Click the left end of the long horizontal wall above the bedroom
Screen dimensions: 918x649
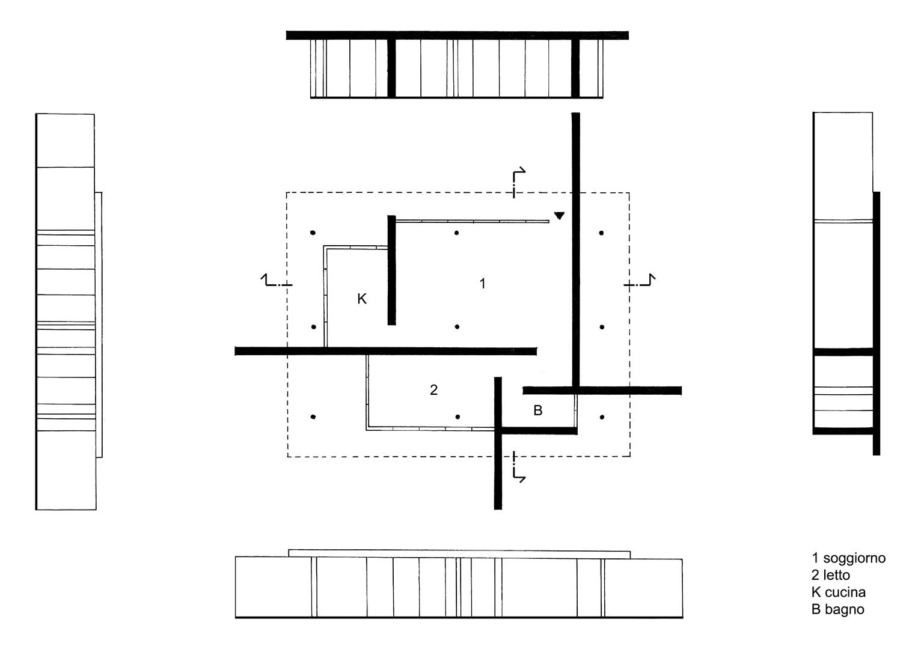pyautogui.click(x=235, y=351)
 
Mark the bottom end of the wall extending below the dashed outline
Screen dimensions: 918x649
pyautogui.click(x=498, y=509)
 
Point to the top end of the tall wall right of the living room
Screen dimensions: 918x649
pyautogui.click(x=576, y=113)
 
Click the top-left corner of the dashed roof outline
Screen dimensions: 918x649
pyautogui.click(x=287, y=192)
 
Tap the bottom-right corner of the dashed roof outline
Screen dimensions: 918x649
pyautogui.click(x=630, y=456)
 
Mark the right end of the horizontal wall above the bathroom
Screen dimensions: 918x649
pyautogui.click(x=681, y=391)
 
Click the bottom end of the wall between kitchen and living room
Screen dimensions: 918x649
pyautogui.click(x=392, y=324)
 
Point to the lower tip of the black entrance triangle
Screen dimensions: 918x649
pyautogui.click(x=560, y=219)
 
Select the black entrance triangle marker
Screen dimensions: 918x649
pyautogui.click(x=560, y=216)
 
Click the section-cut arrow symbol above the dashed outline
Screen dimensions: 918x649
pyautogui.click(x=518, y=182)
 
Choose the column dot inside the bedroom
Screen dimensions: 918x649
pyautogui.click(x=457, y=416)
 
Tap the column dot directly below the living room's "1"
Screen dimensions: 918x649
pyautogui.click(x=457, y=326)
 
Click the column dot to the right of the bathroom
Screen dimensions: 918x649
pyautogui.click(x=602, y=417)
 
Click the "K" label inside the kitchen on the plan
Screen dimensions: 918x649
pyautogui.click(x=361, y=299)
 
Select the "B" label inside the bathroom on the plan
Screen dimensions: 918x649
pyautogui.click(x=537, y=410)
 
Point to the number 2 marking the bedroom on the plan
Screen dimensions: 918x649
pyautogui.click(x=433, y=389)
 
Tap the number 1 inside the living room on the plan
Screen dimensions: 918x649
pyautogui.click(x=483, y=284)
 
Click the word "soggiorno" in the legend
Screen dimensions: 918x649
pyautogui.click(x=854, y=558)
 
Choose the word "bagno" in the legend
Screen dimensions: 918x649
pyautogui.click(x=845, y=610)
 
